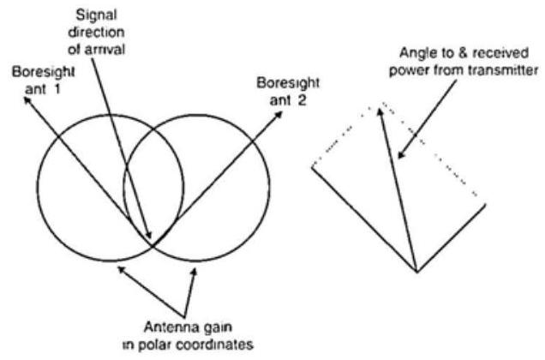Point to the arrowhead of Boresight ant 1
click(x=25, y=99)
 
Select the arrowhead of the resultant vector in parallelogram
click(x=373, y=107)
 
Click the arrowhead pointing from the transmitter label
click(x=398, y=159)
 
